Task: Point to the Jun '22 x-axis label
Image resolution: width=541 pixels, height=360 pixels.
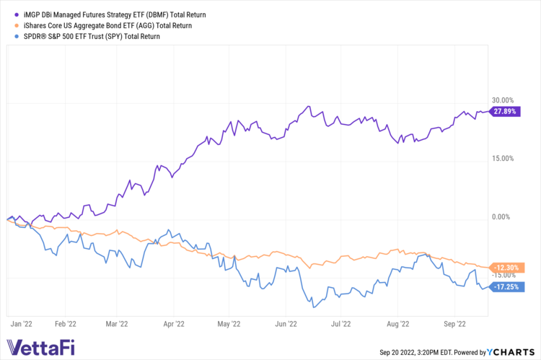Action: click(286, 325)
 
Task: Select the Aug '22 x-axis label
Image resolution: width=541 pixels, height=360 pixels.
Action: click(398, 325)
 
